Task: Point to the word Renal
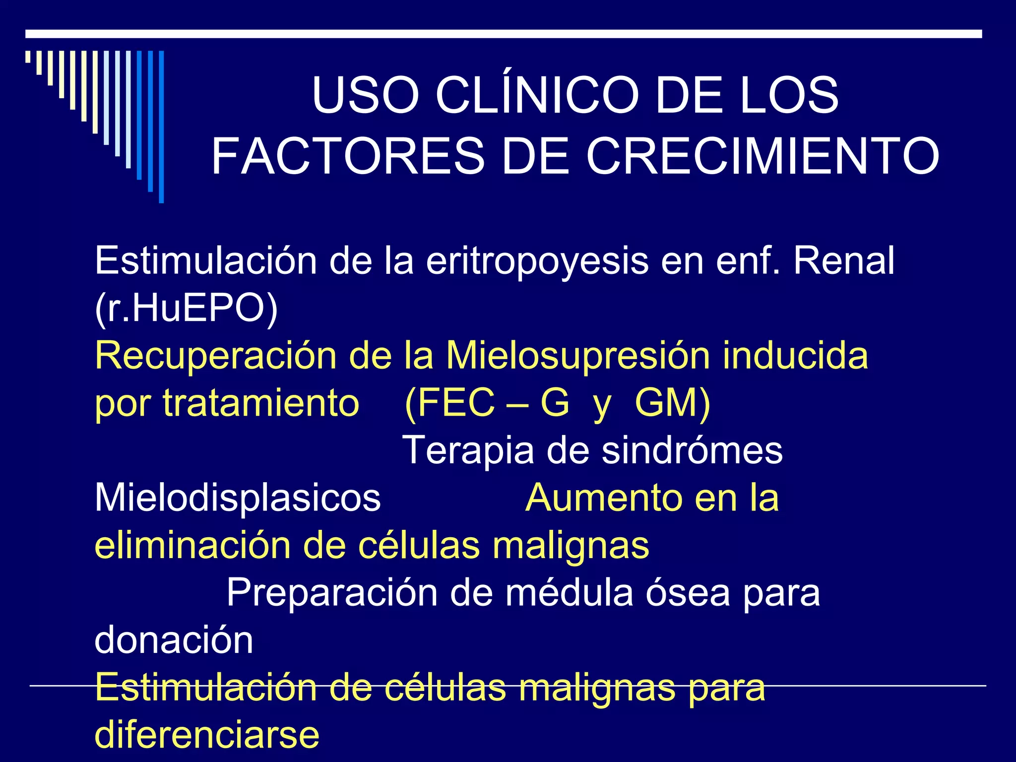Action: (x=844, y=260)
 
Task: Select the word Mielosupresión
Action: (x=578, y=356)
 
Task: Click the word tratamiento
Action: (x=261, y=403)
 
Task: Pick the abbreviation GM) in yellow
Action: (x=673, y=403)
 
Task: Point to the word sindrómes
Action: (x=692, y=450)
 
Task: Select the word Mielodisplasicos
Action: (x=238, y=498)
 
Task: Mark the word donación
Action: (x=174, y=640)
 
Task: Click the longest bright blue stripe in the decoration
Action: (x=161, y=127)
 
